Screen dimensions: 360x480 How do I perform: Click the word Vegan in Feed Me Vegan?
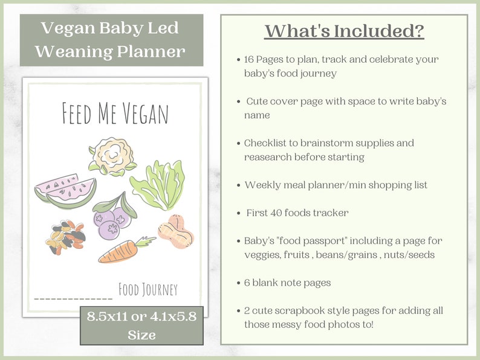pos(143,114)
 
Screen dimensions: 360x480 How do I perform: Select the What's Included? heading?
pos(344,31)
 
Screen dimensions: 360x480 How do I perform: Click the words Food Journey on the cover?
pos(148,290)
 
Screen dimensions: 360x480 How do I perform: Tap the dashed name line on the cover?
pos(73,298)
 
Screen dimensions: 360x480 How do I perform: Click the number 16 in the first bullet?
pos(250,60)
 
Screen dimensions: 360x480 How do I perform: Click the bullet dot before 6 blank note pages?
pos(238,283)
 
